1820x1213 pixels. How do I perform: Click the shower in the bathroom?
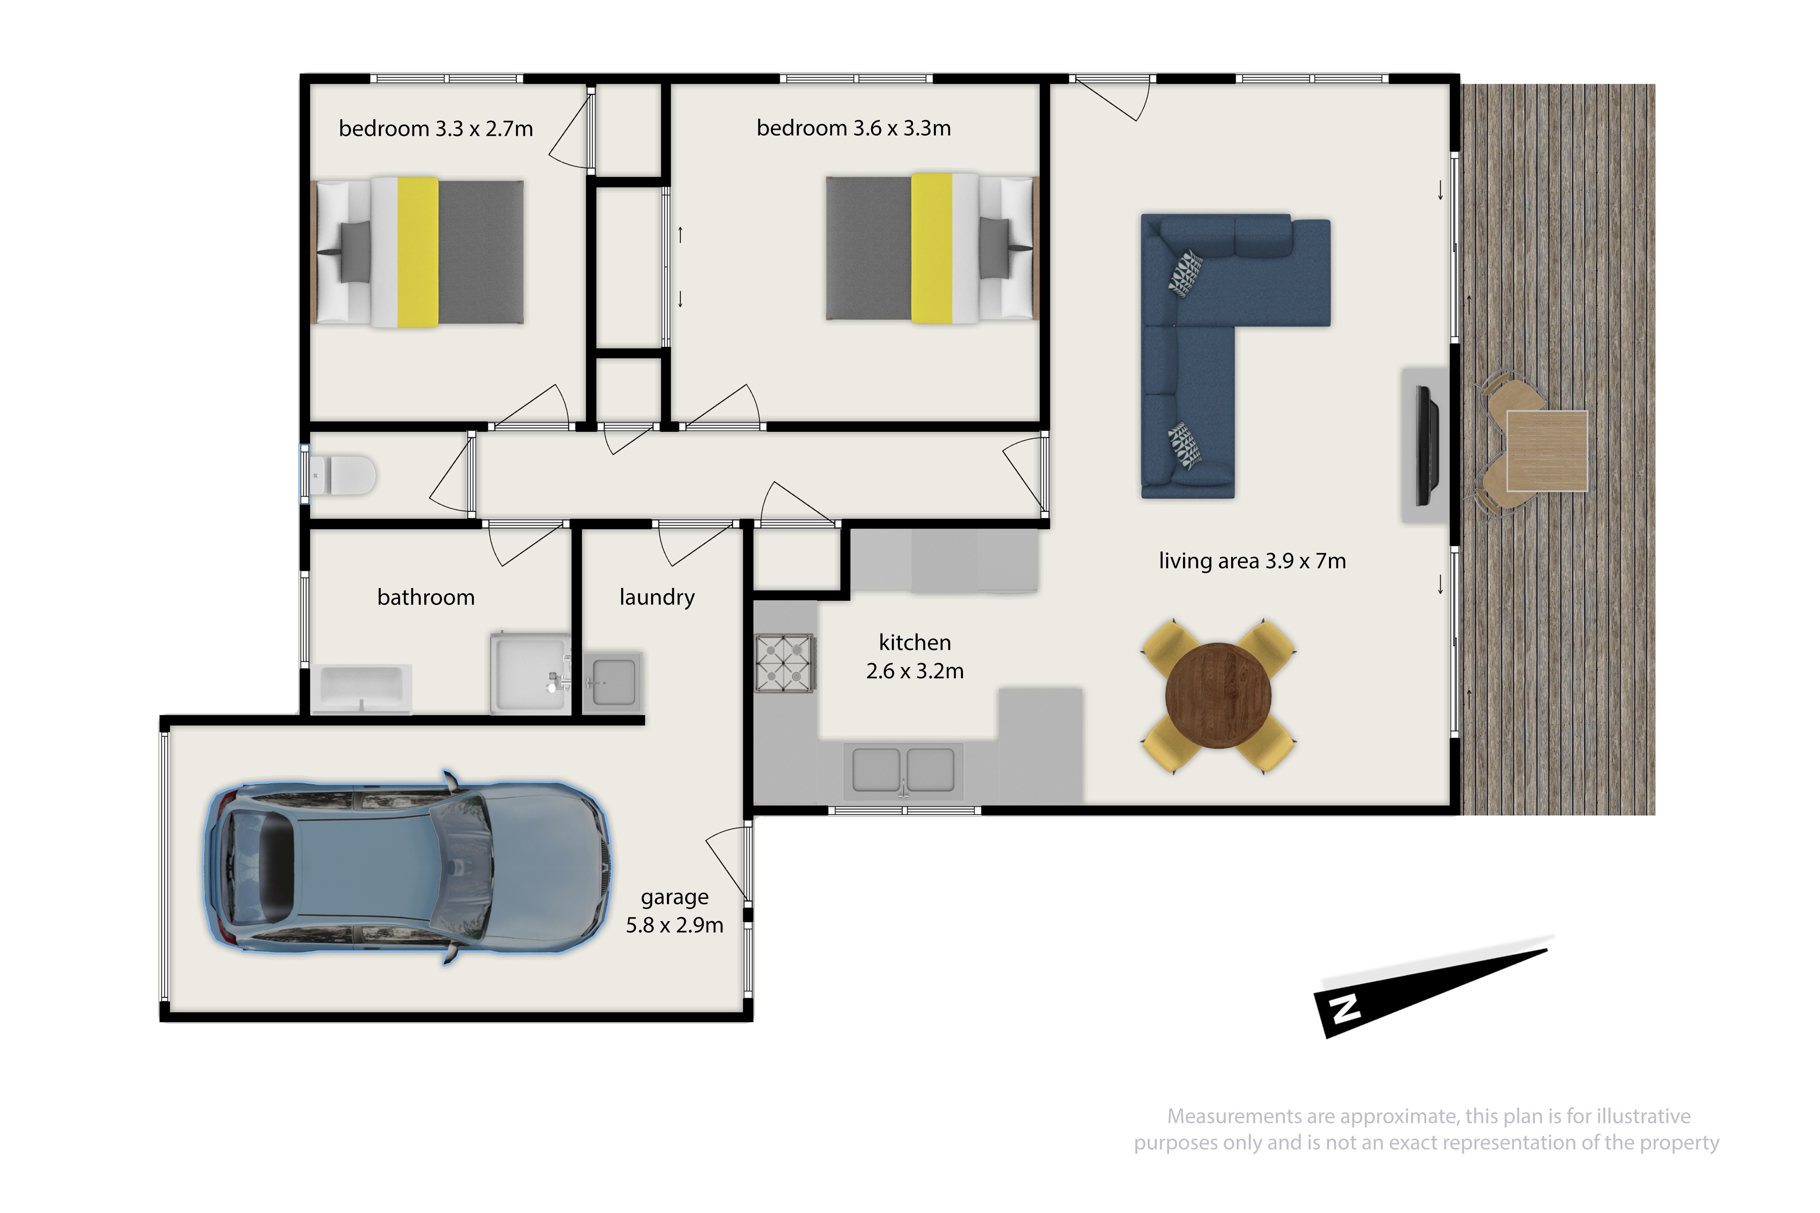click(x=531, y=672)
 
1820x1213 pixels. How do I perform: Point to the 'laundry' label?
click(x=657, y=598)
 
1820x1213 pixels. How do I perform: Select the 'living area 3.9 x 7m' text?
click(x=1252, y=561)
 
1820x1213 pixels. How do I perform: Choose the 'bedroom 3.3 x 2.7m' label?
click(x=436, y=129)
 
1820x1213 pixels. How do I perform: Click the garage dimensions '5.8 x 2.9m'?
click(x=675, y=925)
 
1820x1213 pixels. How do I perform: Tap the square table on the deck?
click(x=1547, y=451)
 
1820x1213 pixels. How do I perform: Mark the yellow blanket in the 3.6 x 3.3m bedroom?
click(x=932, y=248)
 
